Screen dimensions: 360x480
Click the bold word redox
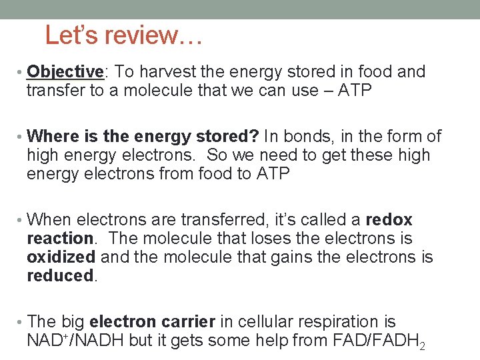pyautogui.click(x=389, y=220)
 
